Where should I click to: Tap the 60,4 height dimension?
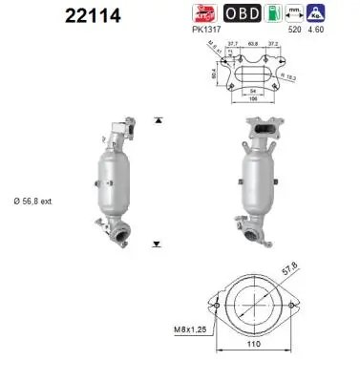(x=216, y=71)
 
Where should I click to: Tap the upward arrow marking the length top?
(x=159, y=121)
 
